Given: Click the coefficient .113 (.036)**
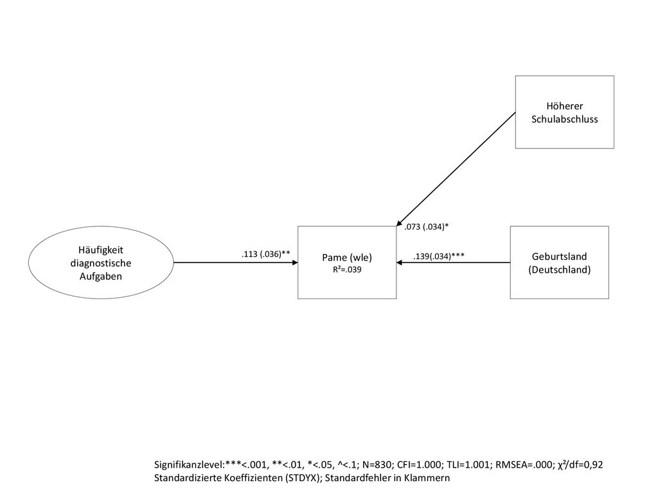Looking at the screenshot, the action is (x=265, y=253).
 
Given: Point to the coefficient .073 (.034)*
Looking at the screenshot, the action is (x=427, y=227).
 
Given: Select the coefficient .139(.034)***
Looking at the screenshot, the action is (x=438, y=256).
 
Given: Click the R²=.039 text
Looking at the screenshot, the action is (x=347, y=270).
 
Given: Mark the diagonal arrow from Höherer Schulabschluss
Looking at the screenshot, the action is (x=456, y=169).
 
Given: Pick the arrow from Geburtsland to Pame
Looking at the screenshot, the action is (x=453, y=262).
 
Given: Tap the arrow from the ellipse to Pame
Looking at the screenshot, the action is (x=235, y=262).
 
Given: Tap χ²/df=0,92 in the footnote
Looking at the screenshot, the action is (x=580, y=464).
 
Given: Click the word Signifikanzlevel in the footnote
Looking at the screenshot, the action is (x=190, y=465).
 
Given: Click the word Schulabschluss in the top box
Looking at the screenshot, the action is (x=564, y=119).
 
